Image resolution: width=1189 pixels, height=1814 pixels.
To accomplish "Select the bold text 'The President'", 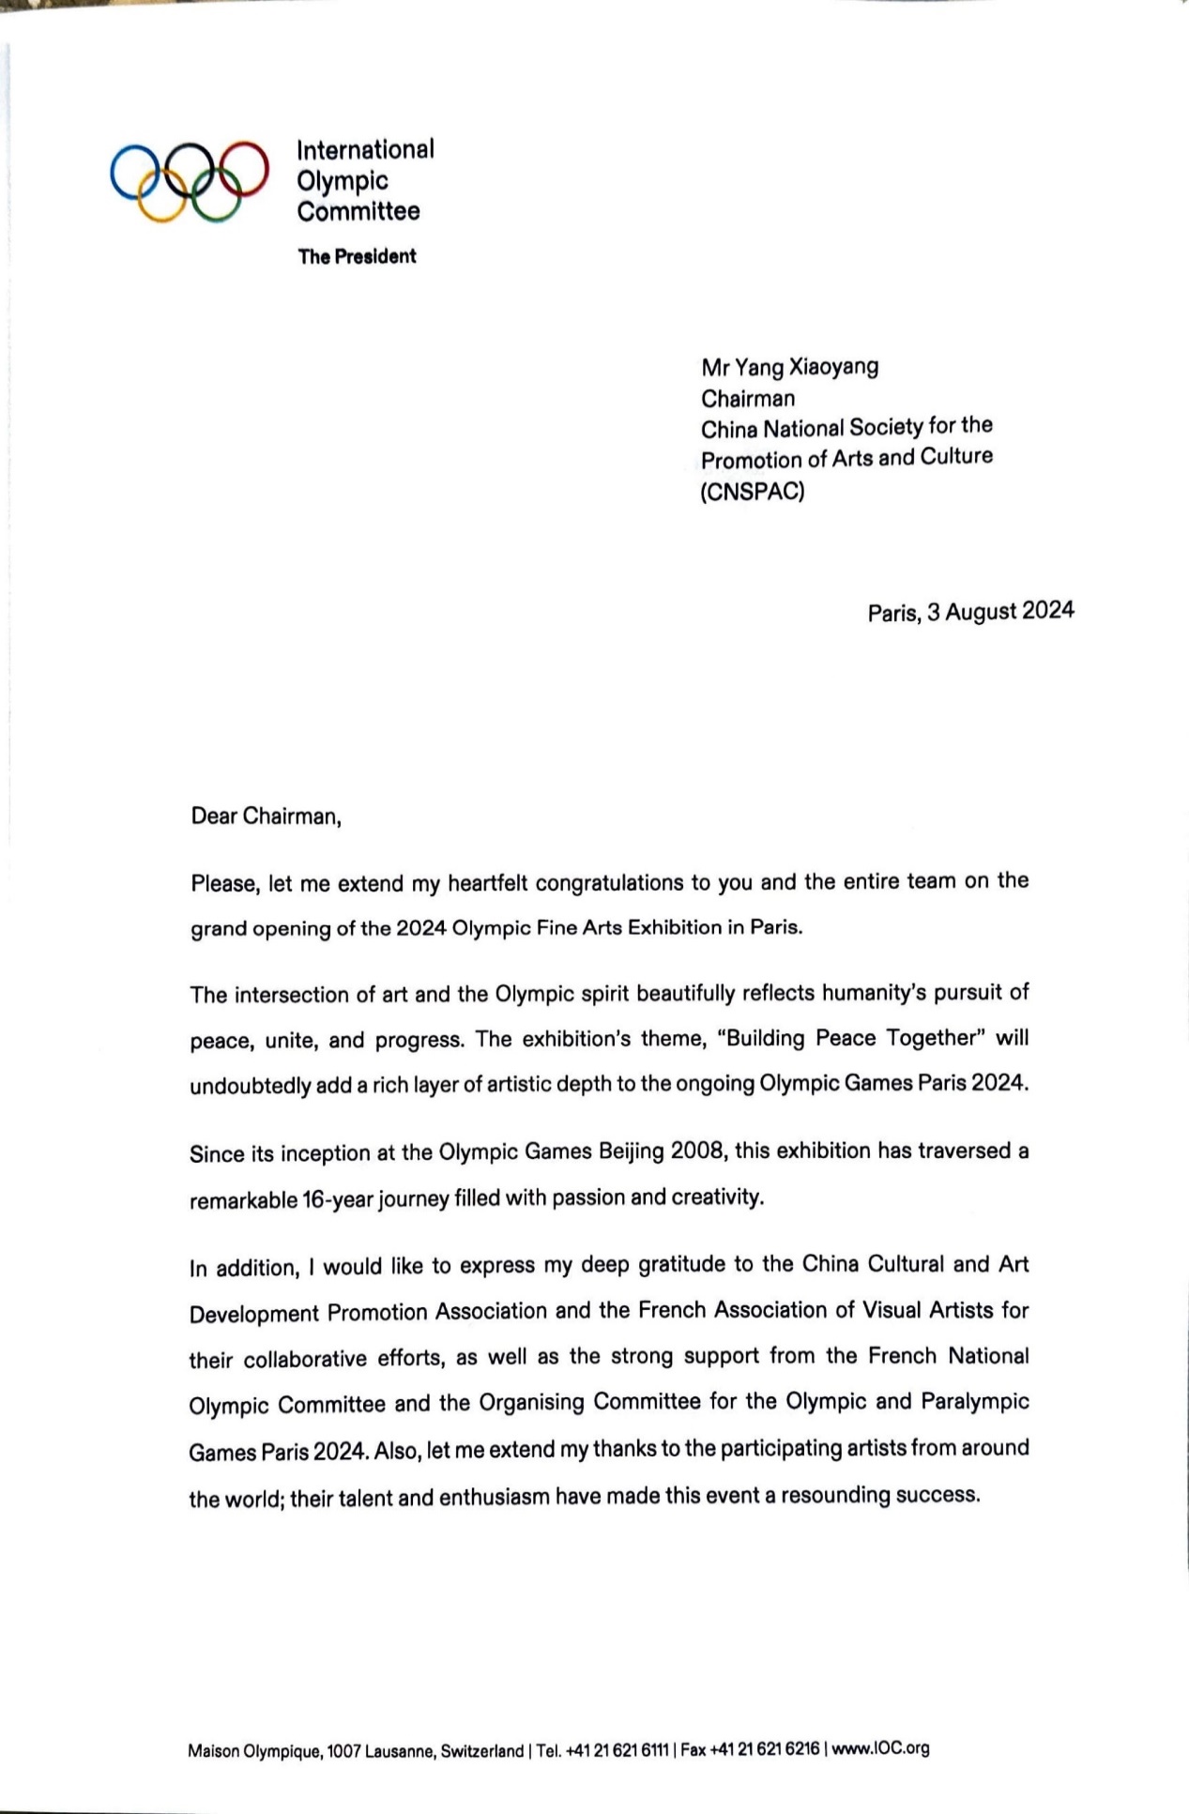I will point(357,256).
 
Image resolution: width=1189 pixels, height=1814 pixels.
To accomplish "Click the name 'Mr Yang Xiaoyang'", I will point(789,366).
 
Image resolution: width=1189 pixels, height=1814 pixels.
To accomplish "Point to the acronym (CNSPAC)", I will point(753,491).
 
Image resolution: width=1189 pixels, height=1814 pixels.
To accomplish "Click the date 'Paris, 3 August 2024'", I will point(970,612).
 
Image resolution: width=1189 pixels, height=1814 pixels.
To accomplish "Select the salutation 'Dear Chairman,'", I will point(266,816).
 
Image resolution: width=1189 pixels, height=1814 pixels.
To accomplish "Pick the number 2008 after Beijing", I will point(696,1151).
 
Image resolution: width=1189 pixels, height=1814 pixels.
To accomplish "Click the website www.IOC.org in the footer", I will point(880,1748).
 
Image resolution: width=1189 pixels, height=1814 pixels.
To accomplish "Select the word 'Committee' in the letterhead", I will point(358,211).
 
